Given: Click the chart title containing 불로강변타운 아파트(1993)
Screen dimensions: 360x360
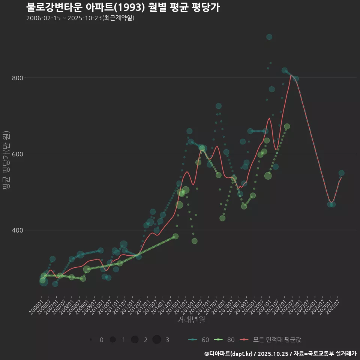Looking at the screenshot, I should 123,7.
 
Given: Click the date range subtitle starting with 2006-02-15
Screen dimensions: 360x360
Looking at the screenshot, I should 80,18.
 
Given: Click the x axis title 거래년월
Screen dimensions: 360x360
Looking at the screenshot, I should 191,320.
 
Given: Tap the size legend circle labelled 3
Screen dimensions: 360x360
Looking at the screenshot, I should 157,340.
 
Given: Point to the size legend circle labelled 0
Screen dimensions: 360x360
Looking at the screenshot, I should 91,340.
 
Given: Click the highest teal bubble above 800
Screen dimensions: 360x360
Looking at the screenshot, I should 269,37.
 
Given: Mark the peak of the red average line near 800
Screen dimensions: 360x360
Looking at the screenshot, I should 291,75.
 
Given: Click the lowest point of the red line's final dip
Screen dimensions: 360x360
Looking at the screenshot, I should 331,202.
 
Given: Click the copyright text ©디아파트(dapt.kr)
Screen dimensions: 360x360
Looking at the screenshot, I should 229,354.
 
